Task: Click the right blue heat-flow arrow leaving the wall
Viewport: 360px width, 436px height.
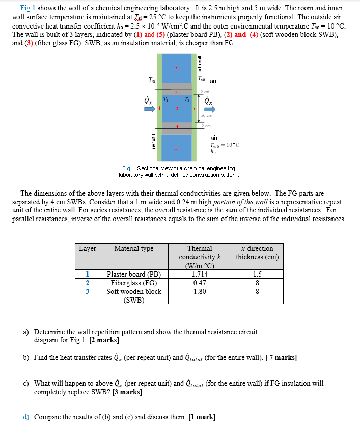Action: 208,109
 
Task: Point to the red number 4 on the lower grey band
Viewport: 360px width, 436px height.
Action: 177,125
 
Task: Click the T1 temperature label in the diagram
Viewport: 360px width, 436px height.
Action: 166,99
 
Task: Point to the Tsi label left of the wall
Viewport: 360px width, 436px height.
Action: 152,79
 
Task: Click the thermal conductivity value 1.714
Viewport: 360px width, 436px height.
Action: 200,274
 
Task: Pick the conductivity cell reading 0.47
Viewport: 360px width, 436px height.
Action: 200,283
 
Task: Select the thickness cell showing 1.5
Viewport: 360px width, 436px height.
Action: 257,274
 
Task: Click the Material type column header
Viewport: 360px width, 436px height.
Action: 134,249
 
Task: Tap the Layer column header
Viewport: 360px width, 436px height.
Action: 87,249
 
